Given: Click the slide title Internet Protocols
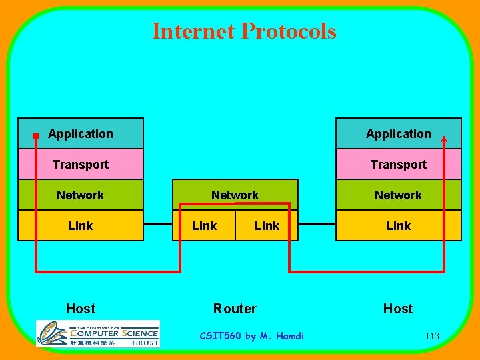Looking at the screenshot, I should point(244,31).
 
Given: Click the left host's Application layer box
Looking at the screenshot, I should point(81,133).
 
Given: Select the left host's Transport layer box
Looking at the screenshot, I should point(81,164).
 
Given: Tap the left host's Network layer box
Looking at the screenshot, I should point(81,195).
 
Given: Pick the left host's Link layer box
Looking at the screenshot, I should point(81,225).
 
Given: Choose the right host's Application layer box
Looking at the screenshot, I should point(398,133).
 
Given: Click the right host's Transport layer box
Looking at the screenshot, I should point(398,164).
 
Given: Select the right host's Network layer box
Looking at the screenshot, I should point(398,195).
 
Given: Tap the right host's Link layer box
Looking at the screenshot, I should point(398,225).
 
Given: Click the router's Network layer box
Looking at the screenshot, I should point(235,194).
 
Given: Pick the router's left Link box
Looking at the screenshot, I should point(204,225).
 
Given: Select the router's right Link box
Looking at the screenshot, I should point(267,225).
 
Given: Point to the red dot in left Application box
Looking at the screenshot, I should point(36,135).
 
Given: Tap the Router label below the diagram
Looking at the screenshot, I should point(235,309).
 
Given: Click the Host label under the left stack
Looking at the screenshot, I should point(81,309).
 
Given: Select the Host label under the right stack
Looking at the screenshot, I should point(398,309).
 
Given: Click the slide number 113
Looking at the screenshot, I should point(432,336).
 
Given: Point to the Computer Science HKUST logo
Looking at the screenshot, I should point(98,333).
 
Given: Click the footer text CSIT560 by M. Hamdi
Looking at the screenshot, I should point(251,336).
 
